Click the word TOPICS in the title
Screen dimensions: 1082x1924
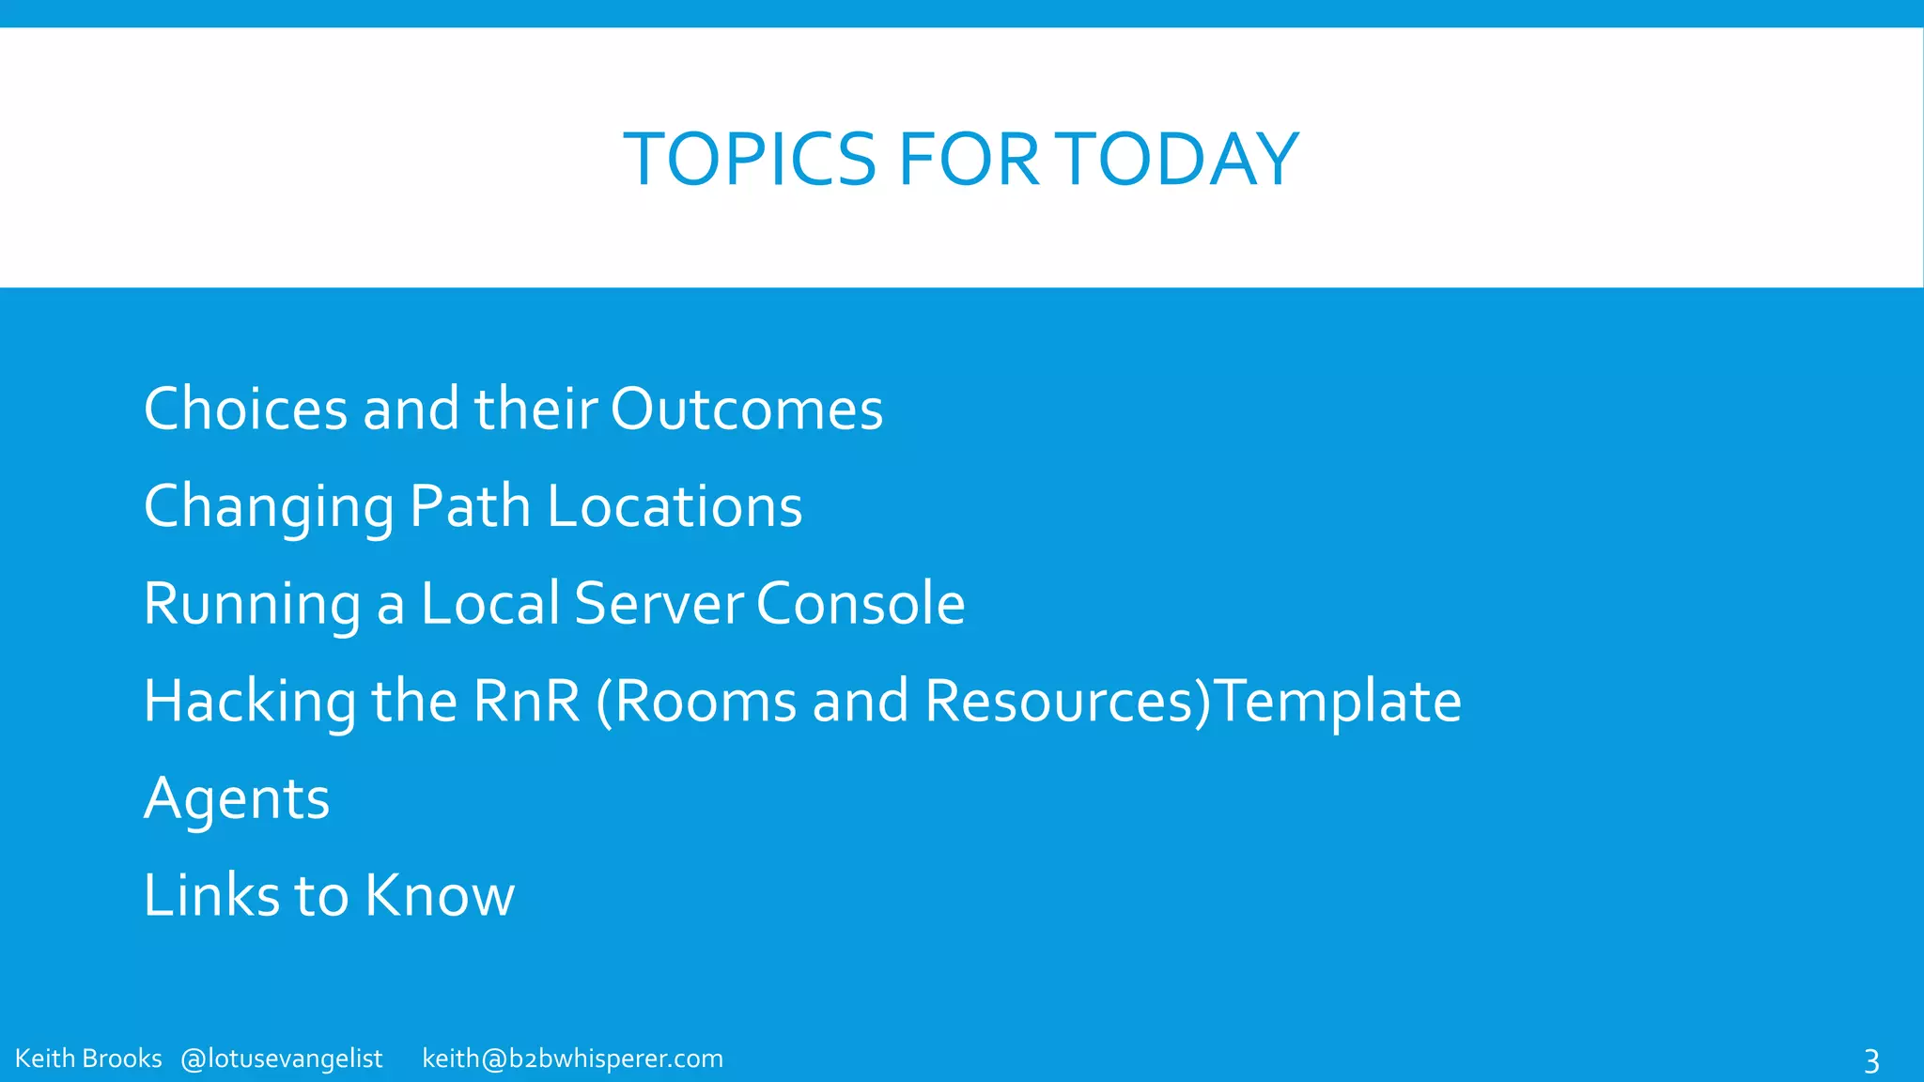point(750,160)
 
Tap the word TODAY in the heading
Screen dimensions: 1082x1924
point(1182,160)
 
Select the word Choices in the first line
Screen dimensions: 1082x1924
point(246,410)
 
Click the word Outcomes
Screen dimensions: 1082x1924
point(747,410)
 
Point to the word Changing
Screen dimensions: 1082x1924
point(269,508)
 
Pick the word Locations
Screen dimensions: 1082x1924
point(675,507)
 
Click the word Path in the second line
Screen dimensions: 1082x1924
point(470,507)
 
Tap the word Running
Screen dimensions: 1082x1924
point(252,605)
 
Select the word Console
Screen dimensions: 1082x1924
point(861,603)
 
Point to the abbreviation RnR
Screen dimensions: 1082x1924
point(527,702)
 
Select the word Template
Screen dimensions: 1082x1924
point(1339,703)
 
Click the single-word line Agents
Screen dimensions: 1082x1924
point(237,800)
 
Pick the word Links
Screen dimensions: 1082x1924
point(211,895)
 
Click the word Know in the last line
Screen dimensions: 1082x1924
point(440,895)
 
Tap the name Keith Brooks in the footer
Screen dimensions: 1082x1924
point(88,1059)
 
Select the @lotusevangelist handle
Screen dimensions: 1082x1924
point(282,1059)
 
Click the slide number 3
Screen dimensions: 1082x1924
point(1870,1061)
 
